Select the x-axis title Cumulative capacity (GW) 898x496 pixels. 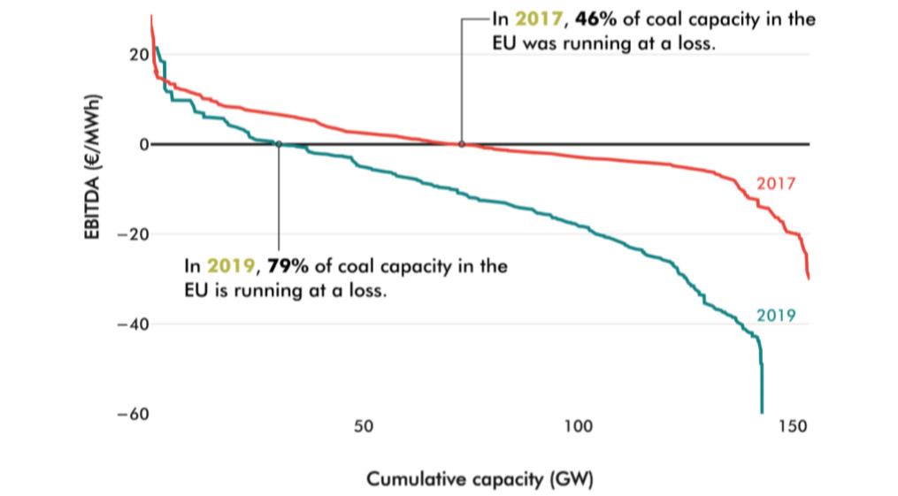[480, 480]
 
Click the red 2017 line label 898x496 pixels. [777, 185]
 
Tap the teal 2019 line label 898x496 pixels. [777, 315]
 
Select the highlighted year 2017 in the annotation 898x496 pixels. [540, 20]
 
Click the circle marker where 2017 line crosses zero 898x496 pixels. [462, 144]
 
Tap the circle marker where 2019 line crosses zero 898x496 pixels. [279, 144]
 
